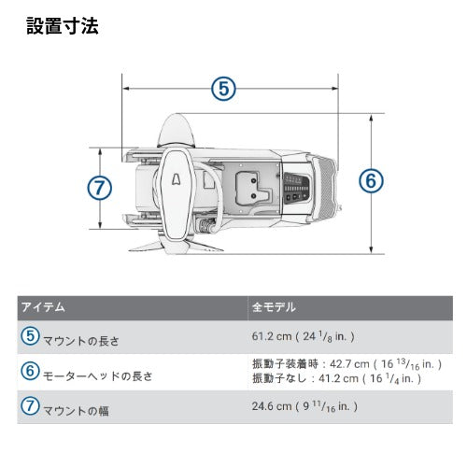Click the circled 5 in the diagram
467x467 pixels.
coord(223,89)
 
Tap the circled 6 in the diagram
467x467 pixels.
coord(371,181)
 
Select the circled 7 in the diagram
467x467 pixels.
coord(100,187)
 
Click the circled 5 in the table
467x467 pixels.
coord(30,335)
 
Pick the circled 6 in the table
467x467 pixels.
coord(30,372)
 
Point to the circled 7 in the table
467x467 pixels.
coord(30,406)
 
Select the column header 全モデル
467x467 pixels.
coord(273,307)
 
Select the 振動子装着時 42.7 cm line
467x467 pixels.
coord(337,364)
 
